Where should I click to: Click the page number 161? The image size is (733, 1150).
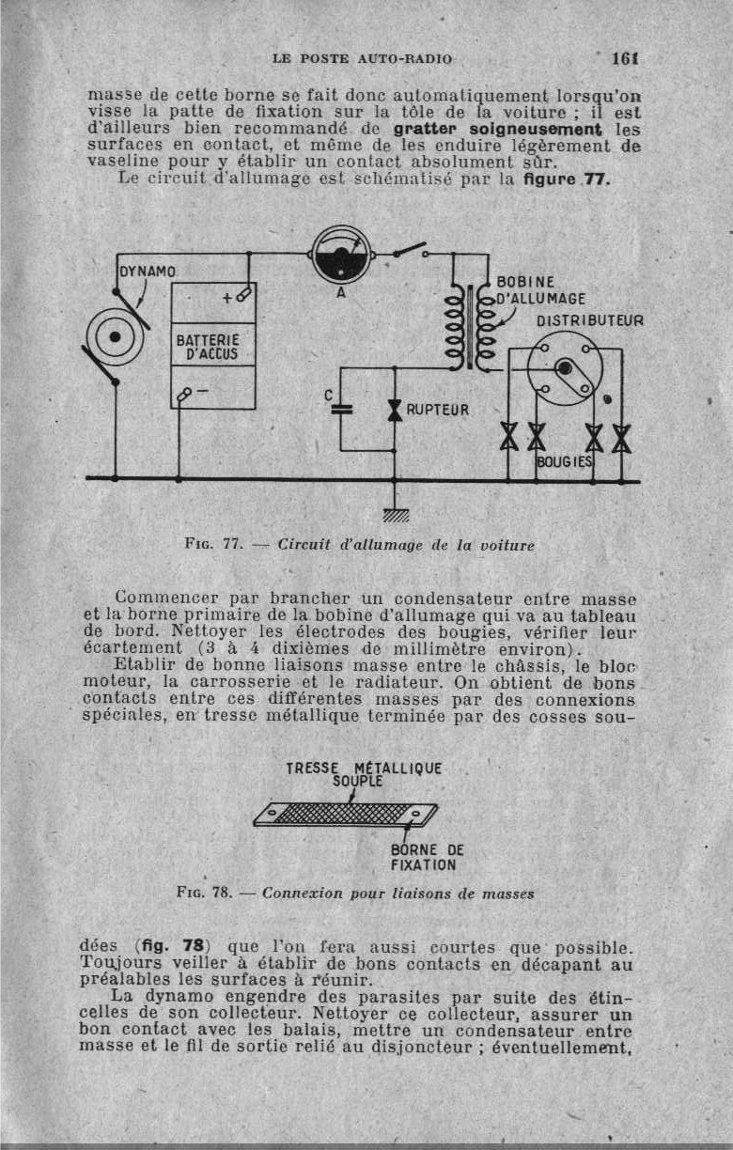pyautogui.click(x=625, y=58)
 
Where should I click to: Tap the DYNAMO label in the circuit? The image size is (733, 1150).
pyautogui.click(x=148, y=272)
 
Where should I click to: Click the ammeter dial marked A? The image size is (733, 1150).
pyautogui.click(x=340, y=255)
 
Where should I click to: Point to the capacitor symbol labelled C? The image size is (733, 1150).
pyautogui.click(x=342, y=410)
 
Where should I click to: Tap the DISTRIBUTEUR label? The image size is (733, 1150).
pyautogui.click(x=590, y=320)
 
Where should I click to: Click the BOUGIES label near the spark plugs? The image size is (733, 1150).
pyautogui.click(x=565, y=462)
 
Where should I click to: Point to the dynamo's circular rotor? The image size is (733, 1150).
pyautogui.click(x=115, y=336)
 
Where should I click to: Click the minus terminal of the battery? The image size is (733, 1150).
pyautogui.click(x=193, y=392)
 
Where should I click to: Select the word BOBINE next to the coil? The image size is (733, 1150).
pyautogui.click(x=525, y=282)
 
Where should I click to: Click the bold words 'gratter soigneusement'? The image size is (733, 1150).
pyautogui.click(x=499, y=128)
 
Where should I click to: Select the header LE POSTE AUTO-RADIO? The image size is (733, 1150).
pyautogui.click(x=362, y=58)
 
